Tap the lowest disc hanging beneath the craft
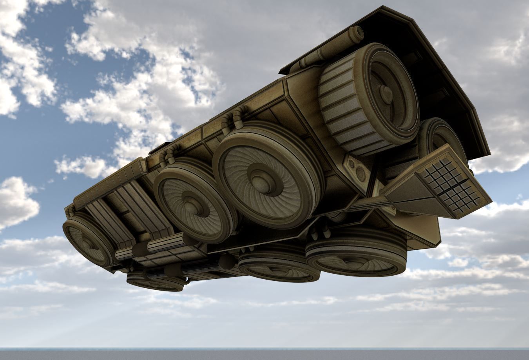(x=156, y=281)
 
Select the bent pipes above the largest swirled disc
(x=232, y=119)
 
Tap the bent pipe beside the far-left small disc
(x=71, y=212)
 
